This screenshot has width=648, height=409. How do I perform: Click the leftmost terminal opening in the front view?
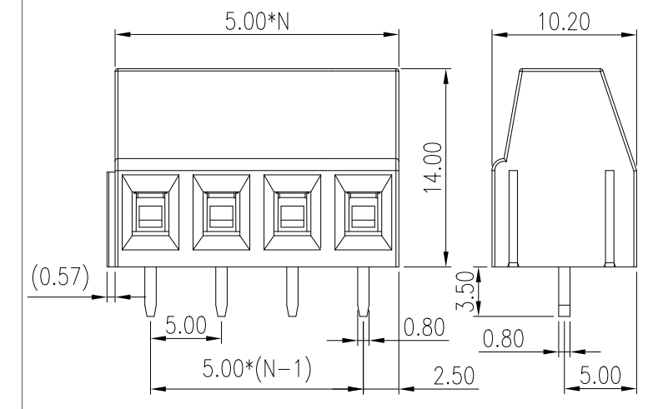click(150, 213)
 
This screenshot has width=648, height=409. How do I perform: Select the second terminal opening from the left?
click(221, 213)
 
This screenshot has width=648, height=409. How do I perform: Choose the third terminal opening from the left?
click(292, 213)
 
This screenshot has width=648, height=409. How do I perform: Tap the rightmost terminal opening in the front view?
click(363, 213)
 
